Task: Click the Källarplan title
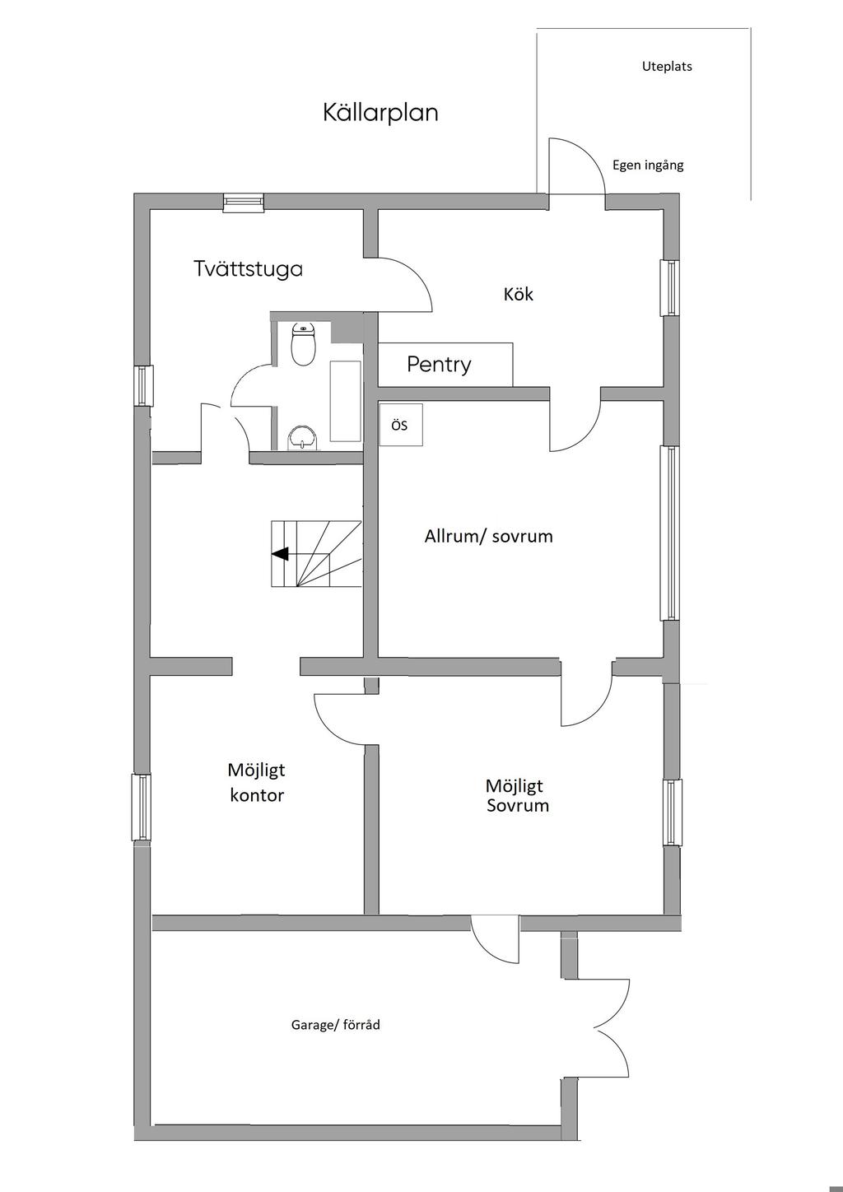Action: coord(380,113)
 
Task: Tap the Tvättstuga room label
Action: coord(248,269)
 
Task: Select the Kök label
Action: coord(519,294)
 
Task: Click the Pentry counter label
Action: coord(439,365)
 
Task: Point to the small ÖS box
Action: coord(400,425)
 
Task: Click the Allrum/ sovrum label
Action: coord(488,537)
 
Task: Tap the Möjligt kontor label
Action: coord(256,782)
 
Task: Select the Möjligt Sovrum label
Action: coord(517,795)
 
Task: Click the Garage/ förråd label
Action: coord(335,1025)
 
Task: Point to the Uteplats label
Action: coord(667,67)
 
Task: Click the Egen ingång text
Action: coord(648,165)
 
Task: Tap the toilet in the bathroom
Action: coord(304,346)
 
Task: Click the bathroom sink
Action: coord(303,437)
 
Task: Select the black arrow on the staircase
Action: coord(280,554)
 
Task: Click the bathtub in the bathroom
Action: coord(346,400)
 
